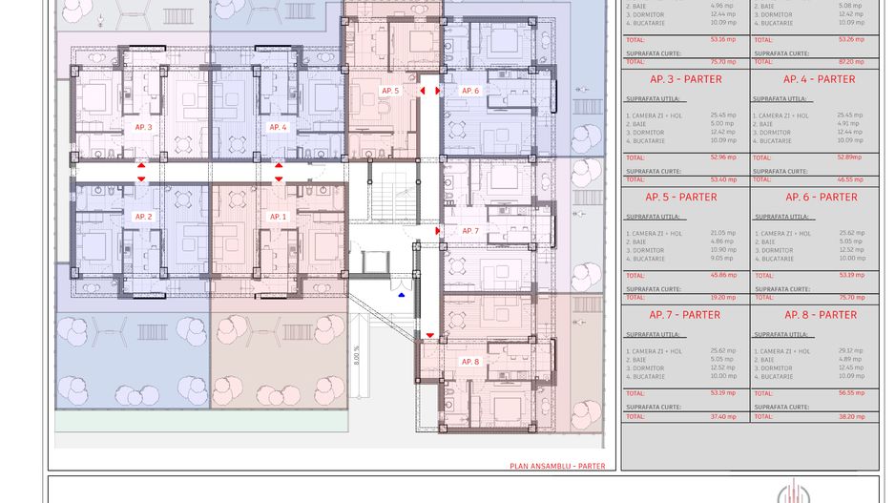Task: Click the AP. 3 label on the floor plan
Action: pyautogui.click(x=143, y=127)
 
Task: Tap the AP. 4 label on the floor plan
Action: pyautogui.click(x=278, y=127)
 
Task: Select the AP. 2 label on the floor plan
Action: pyautogui.click(x=143, y=217)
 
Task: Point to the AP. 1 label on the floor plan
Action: pyautogui.click(x=278, y=217)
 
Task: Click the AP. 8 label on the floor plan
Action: pyautogui.click(x=470, y=362)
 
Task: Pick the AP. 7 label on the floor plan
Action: pyautogui.click(x=470, y=231)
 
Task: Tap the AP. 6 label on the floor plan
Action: pyautogui.click(x=470, y=91)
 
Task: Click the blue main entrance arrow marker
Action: pyautogui.click(x=402, y=295)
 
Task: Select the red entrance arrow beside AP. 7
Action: pyautogui.click(x=438, y=231)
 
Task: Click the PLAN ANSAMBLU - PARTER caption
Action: pyautogui.click(x=557, y=467)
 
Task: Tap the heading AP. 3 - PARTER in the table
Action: pyautogui.click(x=685, y=79)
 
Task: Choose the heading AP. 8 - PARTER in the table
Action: pyautogui.click(x=821, y=315)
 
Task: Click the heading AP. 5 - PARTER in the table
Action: pyautogui.click(x=681, y=198)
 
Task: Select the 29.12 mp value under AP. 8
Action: pyautogui.click(x=849, y=350)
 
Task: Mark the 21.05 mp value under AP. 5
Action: pyautogui.click(x=723, y=233)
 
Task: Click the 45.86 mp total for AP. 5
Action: pyautogui.click(x=723, y=275)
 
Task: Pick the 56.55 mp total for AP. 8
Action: pyautogui.click(x=849, y=392)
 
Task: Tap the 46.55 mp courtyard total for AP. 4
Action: pyautogui.click(x=849, y=179)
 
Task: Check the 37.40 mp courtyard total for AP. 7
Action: pyautogui.click(x=723, y=416)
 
